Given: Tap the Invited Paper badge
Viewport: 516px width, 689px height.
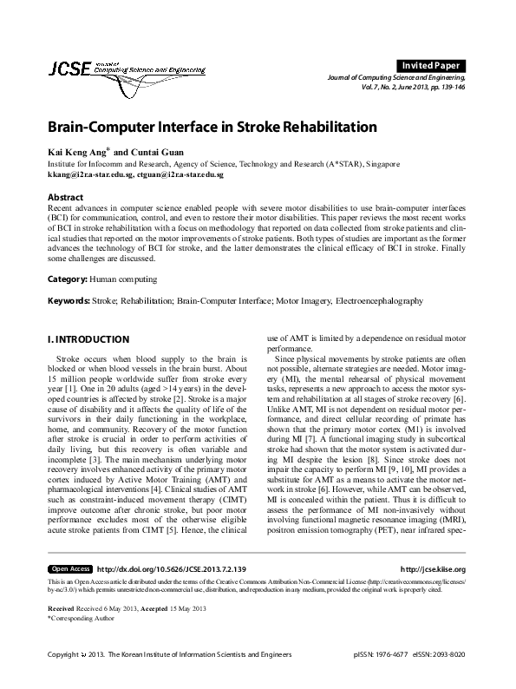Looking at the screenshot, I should (431, 65).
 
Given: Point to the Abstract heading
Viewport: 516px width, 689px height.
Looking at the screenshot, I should (65, 197).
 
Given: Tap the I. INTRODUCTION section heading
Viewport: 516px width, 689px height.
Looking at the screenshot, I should (88, 338).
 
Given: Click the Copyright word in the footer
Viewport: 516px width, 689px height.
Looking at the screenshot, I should (63, 678).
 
